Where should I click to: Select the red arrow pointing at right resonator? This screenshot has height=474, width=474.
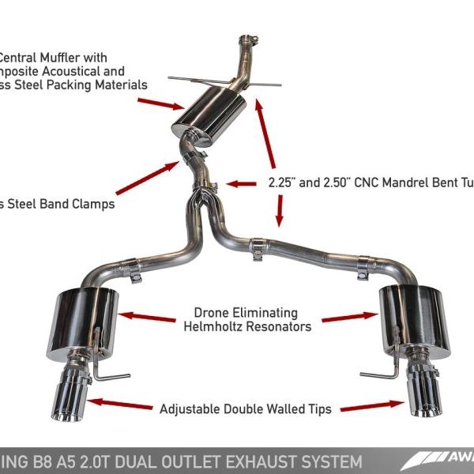click(x=348, y=318)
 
